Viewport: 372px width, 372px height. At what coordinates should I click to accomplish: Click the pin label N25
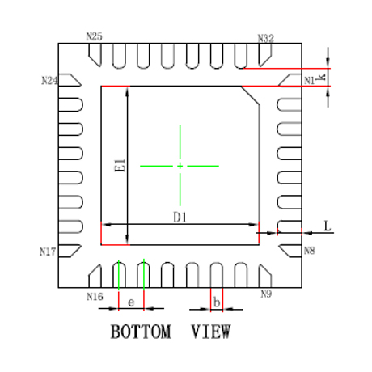click(94, 36)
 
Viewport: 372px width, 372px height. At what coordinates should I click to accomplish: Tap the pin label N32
click(266, 39)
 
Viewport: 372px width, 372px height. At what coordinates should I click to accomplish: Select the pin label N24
click(49, 81)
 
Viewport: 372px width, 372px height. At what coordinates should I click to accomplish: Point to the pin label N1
click(310, 80)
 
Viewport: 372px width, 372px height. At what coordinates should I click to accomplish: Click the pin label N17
click(48, 252)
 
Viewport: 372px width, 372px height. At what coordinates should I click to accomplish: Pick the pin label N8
click(310, 251)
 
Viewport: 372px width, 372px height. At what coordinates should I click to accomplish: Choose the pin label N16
click(95, 297)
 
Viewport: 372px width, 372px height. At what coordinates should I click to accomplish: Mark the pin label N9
click(266, 294)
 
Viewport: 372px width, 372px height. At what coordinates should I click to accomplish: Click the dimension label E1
click(120, 165)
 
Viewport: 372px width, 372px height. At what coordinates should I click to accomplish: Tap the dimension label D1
click(180, 218)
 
